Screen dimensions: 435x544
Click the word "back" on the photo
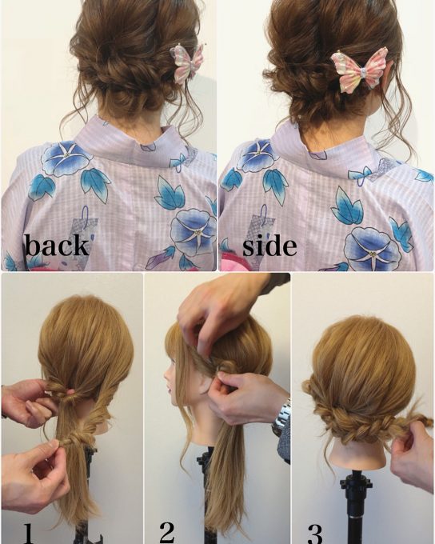coord(57,246)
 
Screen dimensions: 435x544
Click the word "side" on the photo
coord(269,246)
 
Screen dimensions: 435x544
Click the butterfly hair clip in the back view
coord(187,64)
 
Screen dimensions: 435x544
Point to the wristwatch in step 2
coord(281,418)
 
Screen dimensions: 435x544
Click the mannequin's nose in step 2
coord(166,377)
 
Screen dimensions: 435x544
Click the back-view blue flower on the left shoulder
coord(66,158)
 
